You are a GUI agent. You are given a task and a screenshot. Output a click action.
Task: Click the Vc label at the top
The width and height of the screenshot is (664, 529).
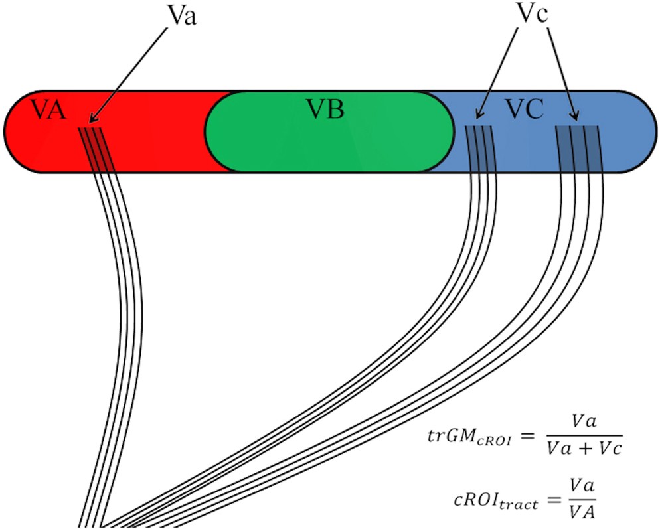pyautogui.click(x=532, y=15)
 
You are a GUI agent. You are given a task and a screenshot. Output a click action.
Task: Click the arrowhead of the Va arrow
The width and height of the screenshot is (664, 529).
pyautogui.click(x=91, y=122)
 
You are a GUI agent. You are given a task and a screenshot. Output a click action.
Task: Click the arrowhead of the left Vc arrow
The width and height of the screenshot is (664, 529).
pyautogui.click(x=479, y=117)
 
